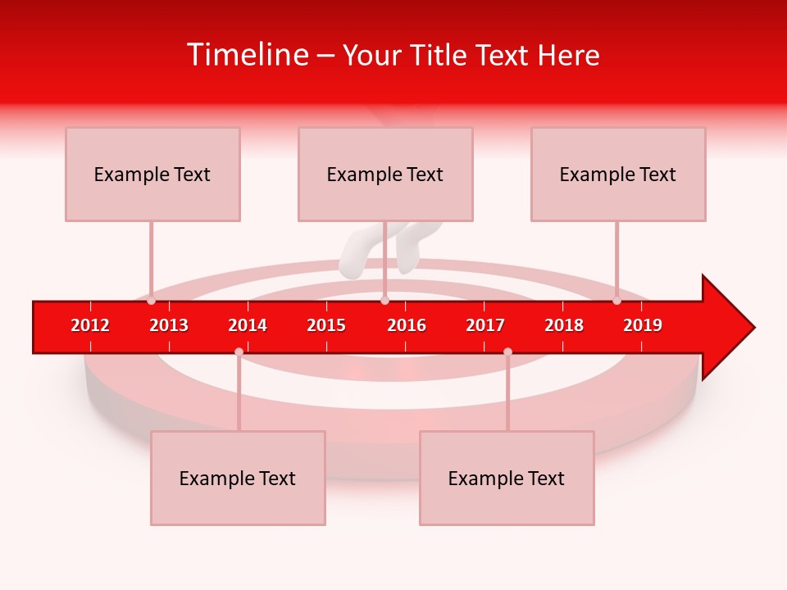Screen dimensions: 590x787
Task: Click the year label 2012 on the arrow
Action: click(x=90, y=325)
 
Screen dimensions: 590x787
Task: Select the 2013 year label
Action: click(x=169, y=325)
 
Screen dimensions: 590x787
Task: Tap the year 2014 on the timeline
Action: click(x=248, y=325)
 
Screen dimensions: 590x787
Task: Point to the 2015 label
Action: click(x=326, y=325)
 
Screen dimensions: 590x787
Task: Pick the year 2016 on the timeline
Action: click(x=407, y=325)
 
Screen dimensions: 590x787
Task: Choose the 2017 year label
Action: click(x=485, y=325)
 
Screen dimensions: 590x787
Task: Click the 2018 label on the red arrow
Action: click(x=564, y=325)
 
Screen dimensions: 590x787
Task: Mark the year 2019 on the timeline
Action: click(x=643, y=325)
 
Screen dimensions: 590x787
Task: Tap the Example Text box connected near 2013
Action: click(x=152, y=174)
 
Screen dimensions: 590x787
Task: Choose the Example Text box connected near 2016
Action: click(x=385, y=174)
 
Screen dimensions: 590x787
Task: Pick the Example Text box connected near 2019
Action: click(x=618, y=174)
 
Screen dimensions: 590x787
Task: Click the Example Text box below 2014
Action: click(x=238, y=478)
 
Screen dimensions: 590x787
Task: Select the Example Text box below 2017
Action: click(x=507, y=478)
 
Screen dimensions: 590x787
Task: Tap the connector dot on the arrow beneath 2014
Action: click(x=239, y=352)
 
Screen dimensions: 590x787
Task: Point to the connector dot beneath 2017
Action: click(x=507, y=352)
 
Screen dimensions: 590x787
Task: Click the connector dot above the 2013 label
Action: click(x=151, y=301)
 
